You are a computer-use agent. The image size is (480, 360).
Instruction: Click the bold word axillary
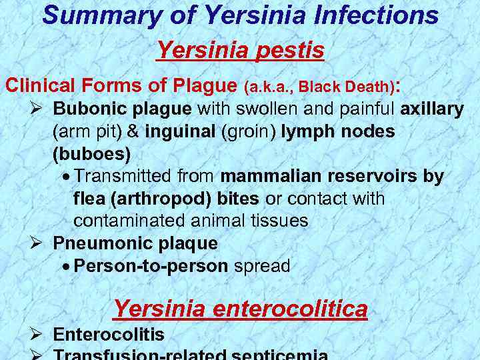(432, 109)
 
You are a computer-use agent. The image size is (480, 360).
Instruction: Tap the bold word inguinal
(180, 131)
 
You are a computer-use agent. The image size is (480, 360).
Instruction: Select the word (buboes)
(91, 154)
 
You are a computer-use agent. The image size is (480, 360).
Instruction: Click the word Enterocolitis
(109, 335)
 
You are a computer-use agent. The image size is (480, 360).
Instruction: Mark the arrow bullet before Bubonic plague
(37, 109)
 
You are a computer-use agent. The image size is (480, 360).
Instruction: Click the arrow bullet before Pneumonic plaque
(37, 243)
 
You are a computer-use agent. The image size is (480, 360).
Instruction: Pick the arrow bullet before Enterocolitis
(37, 335)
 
